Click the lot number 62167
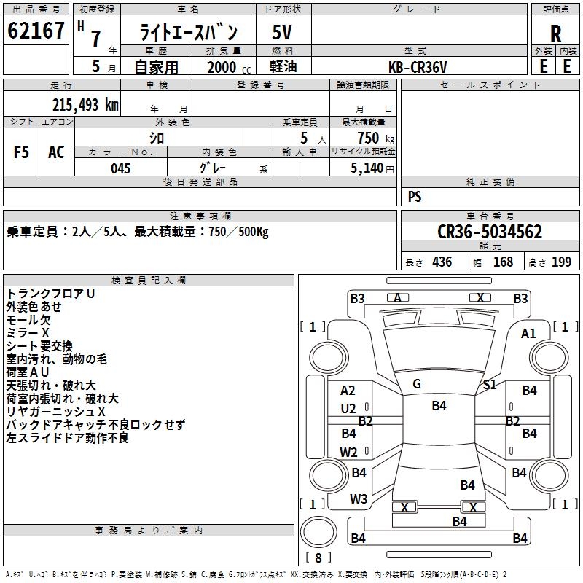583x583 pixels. (36, 31)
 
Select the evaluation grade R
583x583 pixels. (555, 34)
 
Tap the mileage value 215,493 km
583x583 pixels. (85, 105)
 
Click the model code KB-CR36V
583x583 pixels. (418, 67)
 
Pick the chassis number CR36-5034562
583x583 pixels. (490, 232)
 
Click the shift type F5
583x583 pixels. (21, 152)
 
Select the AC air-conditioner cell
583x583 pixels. (57, 152)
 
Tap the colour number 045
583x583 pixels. (121, 168)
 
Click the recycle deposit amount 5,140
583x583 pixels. (367, 168)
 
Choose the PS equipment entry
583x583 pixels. (415, 196)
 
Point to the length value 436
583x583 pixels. (442, 262)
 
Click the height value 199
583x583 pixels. (561, 262)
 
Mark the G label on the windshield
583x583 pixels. (417, 384)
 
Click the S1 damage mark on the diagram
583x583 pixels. (490, 385)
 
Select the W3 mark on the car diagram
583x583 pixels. (359, 499)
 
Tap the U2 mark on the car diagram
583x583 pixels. (348, 409)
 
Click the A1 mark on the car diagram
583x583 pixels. (528, 334)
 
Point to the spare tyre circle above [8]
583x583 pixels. (318, 531)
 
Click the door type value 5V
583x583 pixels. (282, 32)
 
